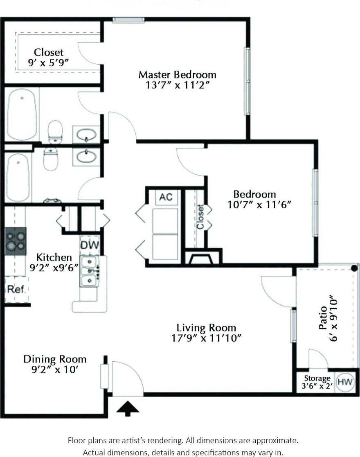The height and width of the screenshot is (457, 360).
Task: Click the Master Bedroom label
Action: tap(177, 75)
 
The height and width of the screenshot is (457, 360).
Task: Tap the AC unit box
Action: tap(166, 197)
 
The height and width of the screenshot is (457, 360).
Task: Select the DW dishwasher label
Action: tap(88, 245)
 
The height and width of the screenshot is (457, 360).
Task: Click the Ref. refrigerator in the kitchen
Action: tap(16, 289)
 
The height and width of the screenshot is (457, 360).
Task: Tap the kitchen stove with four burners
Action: tap(16, 241)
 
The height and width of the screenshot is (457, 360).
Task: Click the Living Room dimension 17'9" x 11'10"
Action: tap(206, 338)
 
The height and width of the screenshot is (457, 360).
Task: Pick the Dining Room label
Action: tap(55, 359)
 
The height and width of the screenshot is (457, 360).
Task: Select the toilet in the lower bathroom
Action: tap(51, 160)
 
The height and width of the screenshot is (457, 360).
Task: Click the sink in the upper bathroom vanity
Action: tap(86, 134)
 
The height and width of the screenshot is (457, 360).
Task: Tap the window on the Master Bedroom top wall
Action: tap(128, 20)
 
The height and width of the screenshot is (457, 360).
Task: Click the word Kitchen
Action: tap(54, 257)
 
